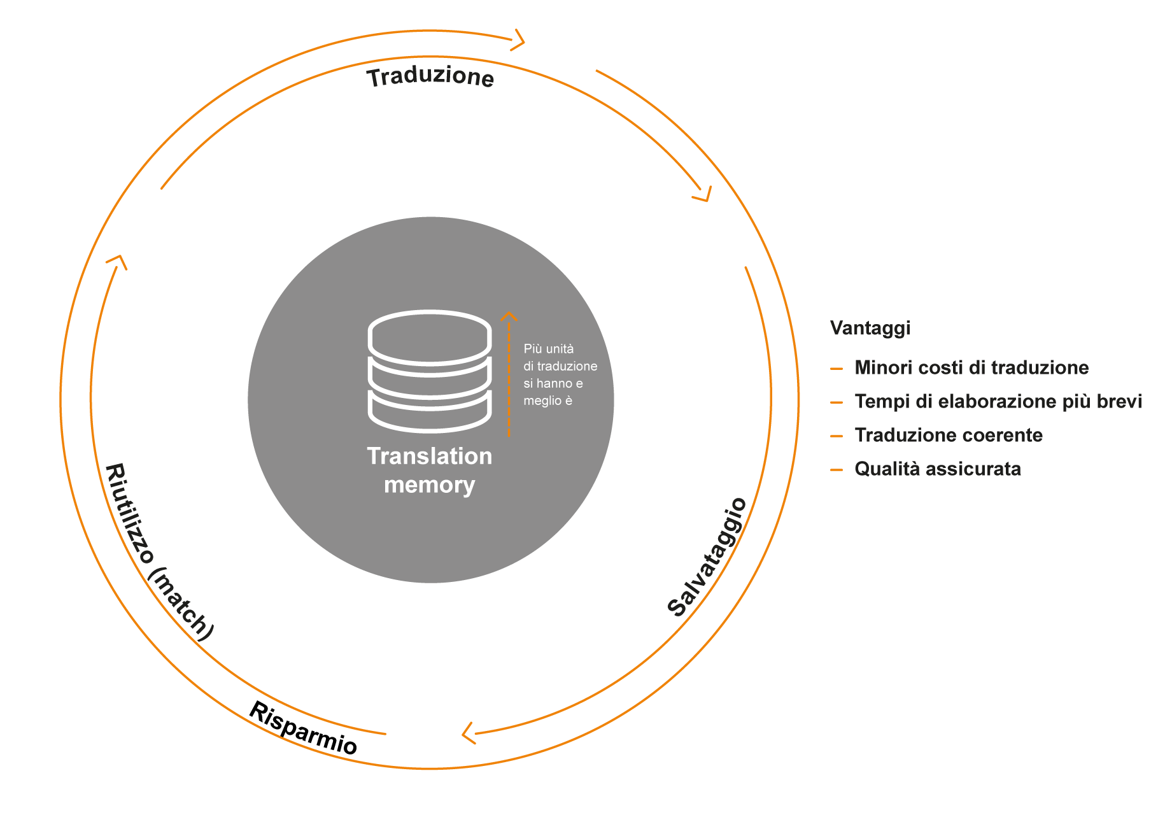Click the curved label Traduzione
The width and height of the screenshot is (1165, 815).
coord(430,77)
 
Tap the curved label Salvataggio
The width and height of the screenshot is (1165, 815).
coord(707,558)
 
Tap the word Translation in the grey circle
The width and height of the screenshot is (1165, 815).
coord(430,457)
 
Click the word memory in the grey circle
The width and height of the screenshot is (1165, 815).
coord(430,485)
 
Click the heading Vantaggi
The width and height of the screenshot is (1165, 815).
coord(870,328)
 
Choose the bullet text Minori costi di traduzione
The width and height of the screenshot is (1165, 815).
coord(971,367)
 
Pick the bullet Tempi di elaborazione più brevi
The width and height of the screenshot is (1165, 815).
coord(998,401)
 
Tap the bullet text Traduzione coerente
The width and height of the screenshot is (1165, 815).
coord(949,435)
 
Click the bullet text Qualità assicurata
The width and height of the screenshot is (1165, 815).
coord(938,469)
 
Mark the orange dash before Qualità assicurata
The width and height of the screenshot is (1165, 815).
coord(837,470)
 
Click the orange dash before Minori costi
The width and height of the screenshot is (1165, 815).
coord(837,369)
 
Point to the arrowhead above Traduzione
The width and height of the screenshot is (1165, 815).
coord(519,40)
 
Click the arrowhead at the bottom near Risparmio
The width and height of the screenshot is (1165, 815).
coord(468,733)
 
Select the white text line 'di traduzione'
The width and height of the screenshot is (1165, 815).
coord(560,366)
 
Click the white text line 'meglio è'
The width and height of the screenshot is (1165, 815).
coord(547,400)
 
